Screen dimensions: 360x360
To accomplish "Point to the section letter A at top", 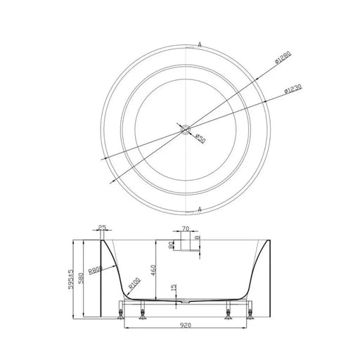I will [x=201, y=44].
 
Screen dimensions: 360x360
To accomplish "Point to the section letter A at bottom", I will [x=201, y=209].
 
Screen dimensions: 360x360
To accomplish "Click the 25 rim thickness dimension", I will [x=102, y=227].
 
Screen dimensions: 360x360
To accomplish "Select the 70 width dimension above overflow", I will [x=185, y=229].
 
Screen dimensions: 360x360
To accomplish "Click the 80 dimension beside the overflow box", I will [x=171, y=245].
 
